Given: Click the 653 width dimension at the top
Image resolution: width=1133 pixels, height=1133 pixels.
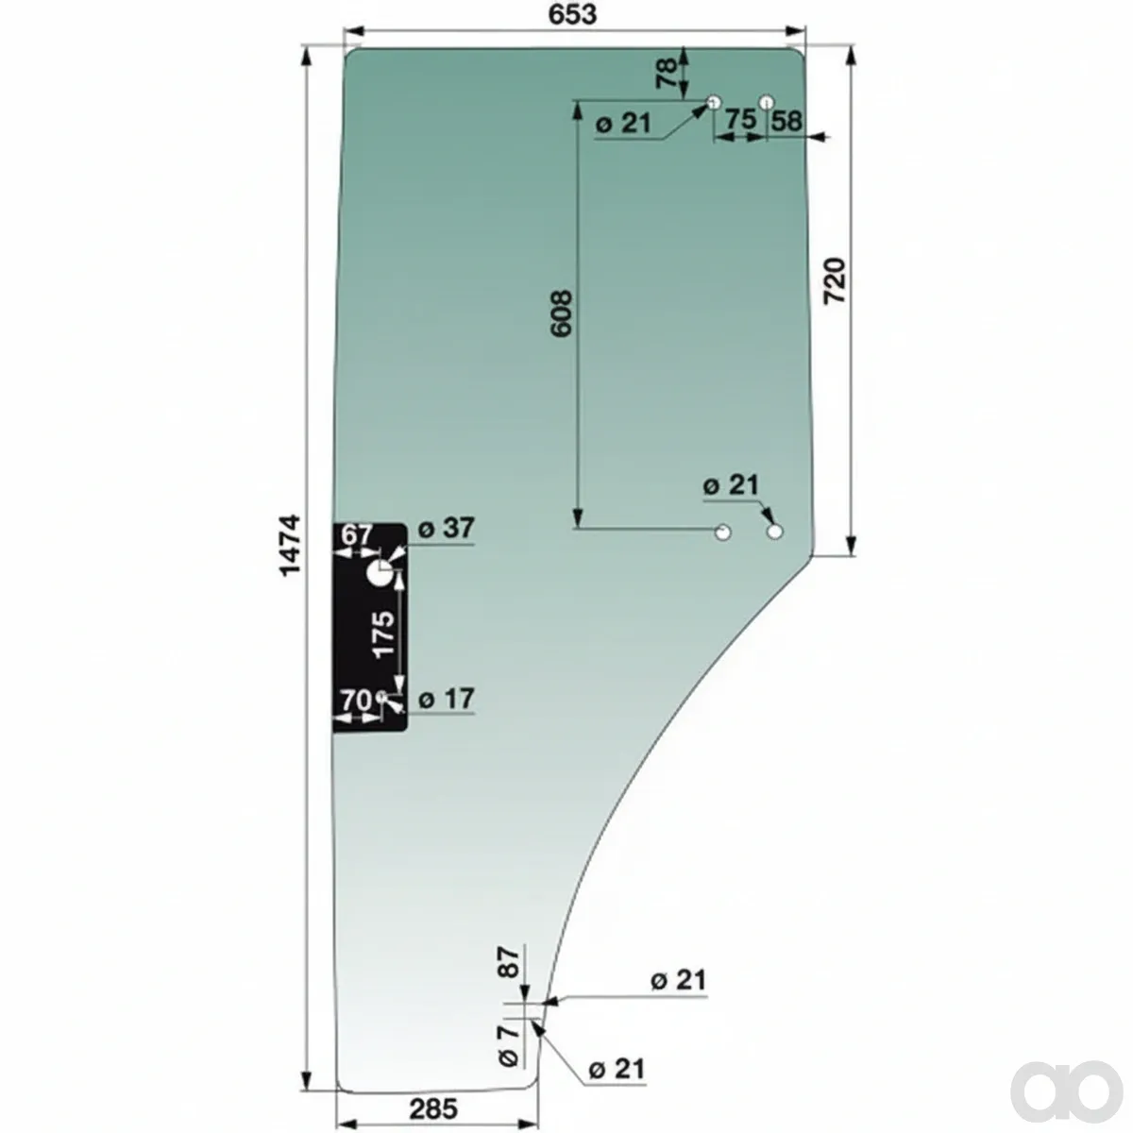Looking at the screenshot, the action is pyautogui.click(x=572, y=15).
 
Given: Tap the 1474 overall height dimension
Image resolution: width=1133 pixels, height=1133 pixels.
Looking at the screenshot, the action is pyautogui.click(x=291, y=547).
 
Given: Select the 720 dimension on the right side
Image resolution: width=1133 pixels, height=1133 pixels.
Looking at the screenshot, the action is pyautogui.click(x=834, y=281).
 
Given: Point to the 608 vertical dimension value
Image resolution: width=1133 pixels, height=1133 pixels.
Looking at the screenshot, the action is pyautogui.click(x=562, y=313).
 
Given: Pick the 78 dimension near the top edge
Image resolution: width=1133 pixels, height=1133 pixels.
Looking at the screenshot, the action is pyautogui.click(x=667, y=74).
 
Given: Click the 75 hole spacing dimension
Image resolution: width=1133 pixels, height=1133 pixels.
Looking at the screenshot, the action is pyautogui.click(x=739, y=119).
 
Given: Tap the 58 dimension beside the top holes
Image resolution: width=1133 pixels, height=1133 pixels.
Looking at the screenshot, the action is pyautogui.click(x=786, y=121).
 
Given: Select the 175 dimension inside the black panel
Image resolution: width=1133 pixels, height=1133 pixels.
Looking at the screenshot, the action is pyautogui.click(x=385, y=634).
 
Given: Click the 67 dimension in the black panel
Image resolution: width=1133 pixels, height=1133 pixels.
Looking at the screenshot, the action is pyautogui.click(x=357, y=535).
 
